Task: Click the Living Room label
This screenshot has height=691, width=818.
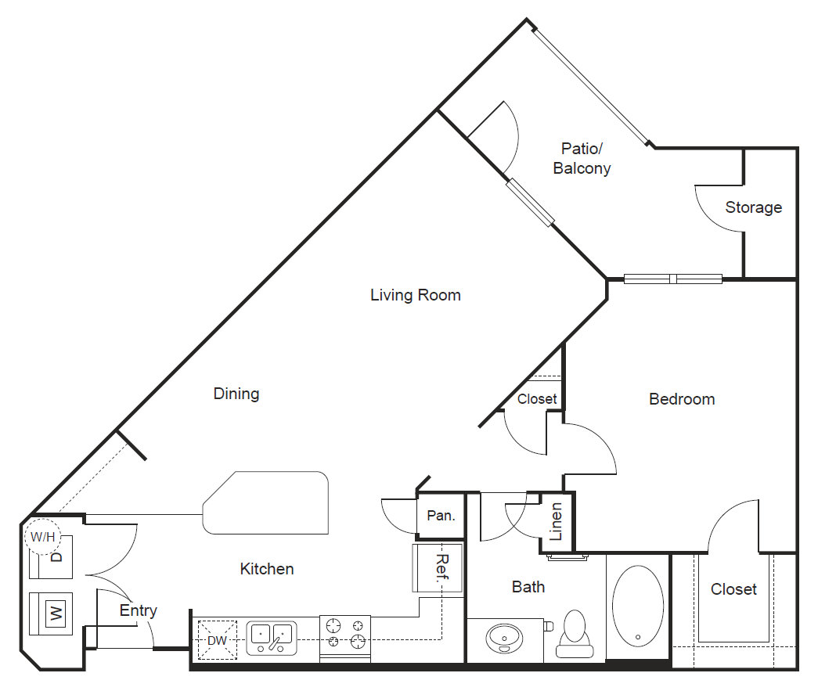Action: pyautogui.click(x=415, y=295)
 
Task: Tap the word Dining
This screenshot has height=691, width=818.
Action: pyautogui.click(x=236, y=394)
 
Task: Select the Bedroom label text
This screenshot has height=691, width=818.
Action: pyautogui.click(x=682, y=399)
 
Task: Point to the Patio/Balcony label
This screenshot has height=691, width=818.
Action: pyautogui.click(x=582, y=158)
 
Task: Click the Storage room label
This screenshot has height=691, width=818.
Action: pyautogui.click(x=753, y=207)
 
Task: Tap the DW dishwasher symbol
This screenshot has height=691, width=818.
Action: pyautogui.click(x=217, y=638)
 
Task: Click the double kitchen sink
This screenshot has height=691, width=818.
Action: pyautogui.click(x=271, y=637)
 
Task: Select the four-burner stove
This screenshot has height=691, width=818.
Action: pyautogui.click(x=345, y=634)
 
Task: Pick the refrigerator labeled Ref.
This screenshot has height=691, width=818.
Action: pyautogui.click(x=438, y=569)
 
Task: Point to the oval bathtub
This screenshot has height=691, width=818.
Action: pyautogui.click(x=638, y=607)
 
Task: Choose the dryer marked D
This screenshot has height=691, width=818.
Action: pyautogui.click(x=55, y=557)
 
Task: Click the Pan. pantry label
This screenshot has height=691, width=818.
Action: pyautogui.click(x=441, y=516)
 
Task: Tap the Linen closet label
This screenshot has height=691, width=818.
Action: pyautogui.click(x=557, y=522)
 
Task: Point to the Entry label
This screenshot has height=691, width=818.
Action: pyautogui.click(x=138, y=610)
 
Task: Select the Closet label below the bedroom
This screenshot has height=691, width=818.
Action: pyautogui.click(x=733, y=589)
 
